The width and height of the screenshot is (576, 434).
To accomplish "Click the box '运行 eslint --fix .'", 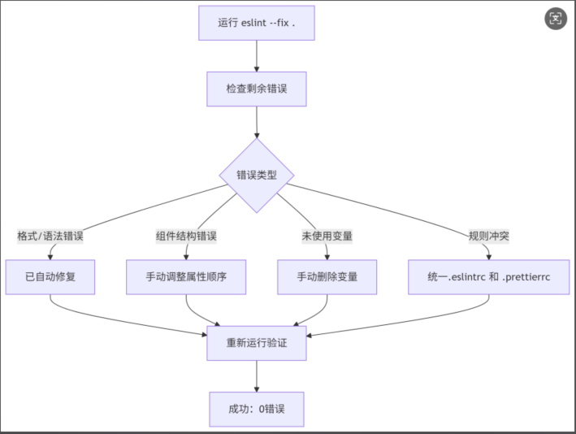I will click(257, 23).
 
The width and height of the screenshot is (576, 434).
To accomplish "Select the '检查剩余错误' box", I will click(257, 88).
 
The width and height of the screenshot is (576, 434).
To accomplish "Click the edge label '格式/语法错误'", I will click(50, 237).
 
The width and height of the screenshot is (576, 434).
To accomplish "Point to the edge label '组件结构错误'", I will click(186, 237).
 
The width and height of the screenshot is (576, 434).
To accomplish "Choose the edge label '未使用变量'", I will click(327, 237).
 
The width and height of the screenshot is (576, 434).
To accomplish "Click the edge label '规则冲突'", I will click(488, 237).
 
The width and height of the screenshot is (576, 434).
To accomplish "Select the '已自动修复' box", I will click(50, 277).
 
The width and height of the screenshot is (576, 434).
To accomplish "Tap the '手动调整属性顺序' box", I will click(187, 277).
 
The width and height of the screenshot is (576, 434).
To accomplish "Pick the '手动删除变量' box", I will click(327, 277).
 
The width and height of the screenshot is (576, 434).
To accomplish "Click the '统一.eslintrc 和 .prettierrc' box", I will click(488, 277).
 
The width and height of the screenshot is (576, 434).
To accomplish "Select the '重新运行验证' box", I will click(257, 343).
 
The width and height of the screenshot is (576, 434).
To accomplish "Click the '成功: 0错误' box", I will click(257, 409).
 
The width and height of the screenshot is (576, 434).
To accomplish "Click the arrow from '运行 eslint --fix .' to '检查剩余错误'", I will click(257, 55).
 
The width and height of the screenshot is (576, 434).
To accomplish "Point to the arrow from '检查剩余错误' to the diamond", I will click(257, 121).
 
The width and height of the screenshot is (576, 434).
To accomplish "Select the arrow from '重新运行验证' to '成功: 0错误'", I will click(257, 375).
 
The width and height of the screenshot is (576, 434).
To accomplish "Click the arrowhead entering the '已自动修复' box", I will click(50, 255).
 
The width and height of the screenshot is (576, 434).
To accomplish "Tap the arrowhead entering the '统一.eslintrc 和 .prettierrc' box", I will click(488, 255).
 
